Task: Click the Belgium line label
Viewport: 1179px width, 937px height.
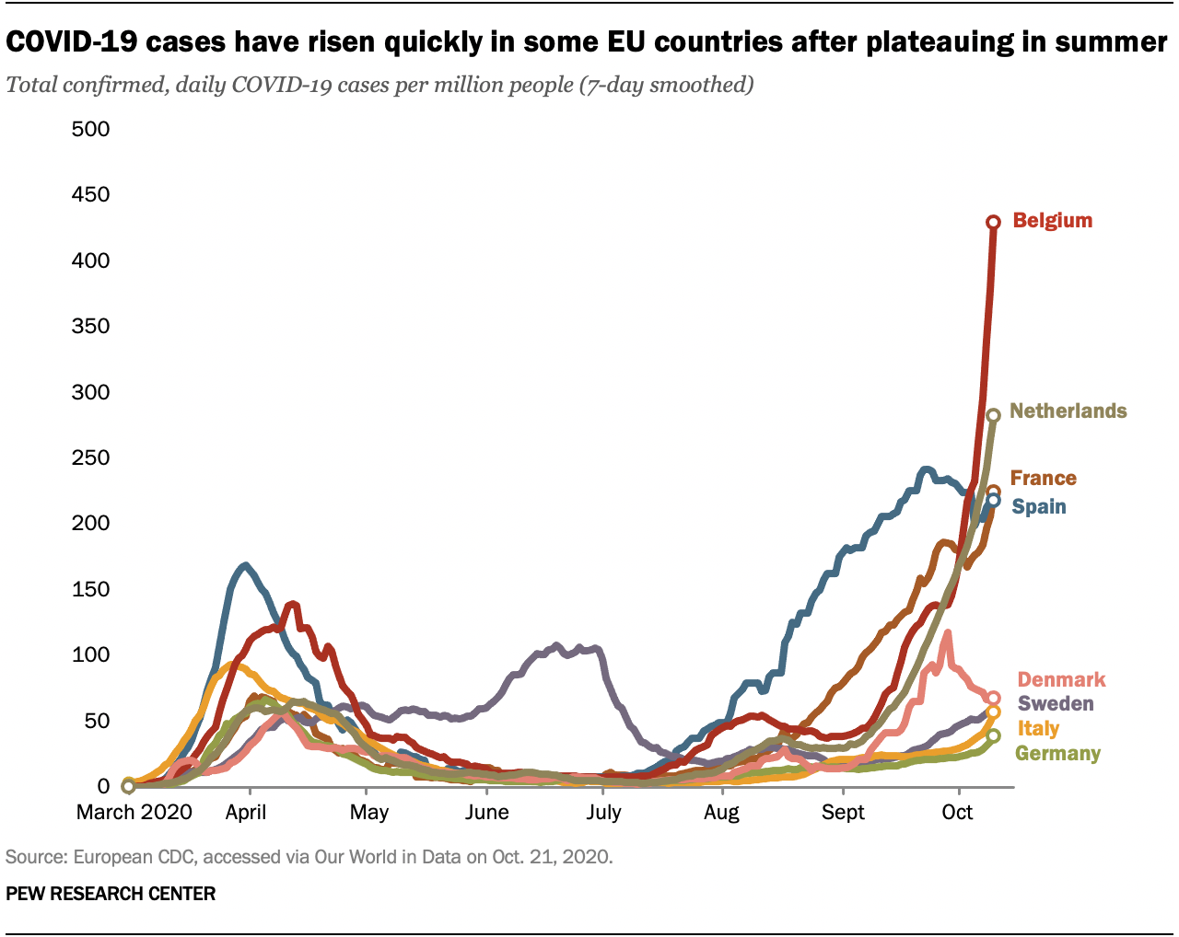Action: [1052, 221]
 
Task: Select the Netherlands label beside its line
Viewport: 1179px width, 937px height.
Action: [1068, 411]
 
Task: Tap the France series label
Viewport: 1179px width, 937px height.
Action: [1043, 479]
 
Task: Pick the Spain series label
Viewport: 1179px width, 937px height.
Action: [1039, 507]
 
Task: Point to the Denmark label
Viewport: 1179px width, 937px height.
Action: [1061, 680]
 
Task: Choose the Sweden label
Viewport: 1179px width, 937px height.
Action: [1056, 704]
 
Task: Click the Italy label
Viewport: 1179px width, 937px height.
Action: [1038, 729]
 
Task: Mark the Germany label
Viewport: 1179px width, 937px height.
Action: [1057, 754]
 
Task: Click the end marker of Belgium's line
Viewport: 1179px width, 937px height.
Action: [993, 222]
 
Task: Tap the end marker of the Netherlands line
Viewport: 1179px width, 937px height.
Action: [993, 416]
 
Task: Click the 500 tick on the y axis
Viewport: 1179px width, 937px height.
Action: [90, 129]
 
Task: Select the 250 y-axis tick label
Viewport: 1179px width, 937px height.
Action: [90, 457]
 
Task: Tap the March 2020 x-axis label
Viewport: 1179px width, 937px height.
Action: [134, 812]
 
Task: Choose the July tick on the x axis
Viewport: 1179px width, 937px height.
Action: [603, 812]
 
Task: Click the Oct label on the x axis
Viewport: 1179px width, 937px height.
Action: [958, 812]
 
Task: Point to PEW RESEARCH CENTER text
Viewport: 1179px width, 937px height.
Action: [111, 894]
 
